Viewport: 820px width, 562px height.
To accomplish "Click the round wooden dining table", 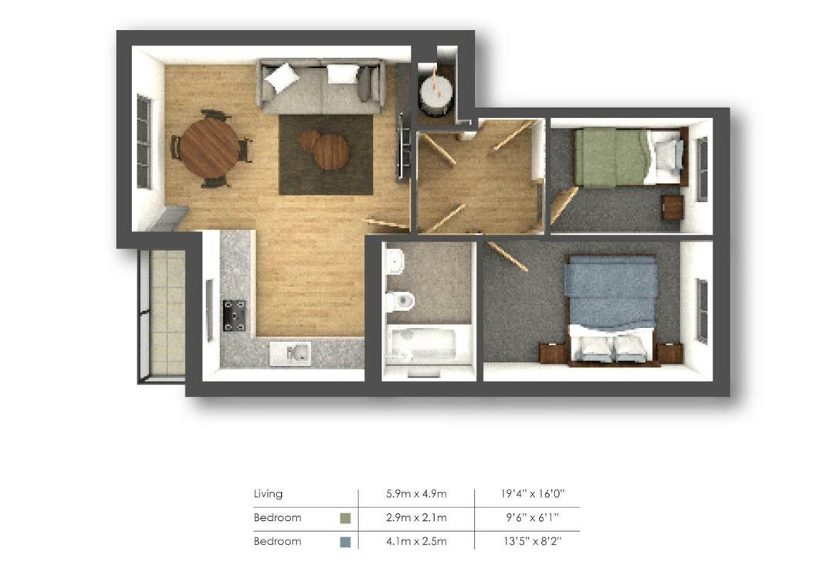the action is (209, 148).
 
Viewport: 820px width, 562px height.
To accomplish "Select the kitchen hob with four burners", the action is (234, 315).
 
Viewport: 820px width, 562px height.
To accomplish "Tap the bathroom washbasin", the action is (395, 260).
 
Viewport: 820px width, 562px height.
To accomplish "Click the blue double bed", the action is (610, 309).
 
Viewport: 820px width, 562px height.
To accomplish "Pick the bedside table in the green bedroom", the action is (672, 208).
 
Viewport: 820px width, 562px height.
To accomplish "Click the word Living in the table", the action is (268, 493).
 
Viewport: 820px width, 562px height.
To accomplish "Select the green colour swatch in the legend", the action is (345, 518).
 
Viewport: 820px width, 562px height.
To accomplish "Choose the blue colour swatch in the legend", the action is (345, 542).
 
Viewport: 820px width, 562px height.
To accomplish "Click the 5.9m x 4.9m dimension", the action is (416, 493).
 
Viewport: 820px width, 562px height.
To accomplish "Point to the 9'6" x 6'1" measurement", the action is (531, 517).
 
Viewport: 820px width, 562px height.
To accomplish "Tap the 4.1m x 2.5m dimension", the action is (416, 542).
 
